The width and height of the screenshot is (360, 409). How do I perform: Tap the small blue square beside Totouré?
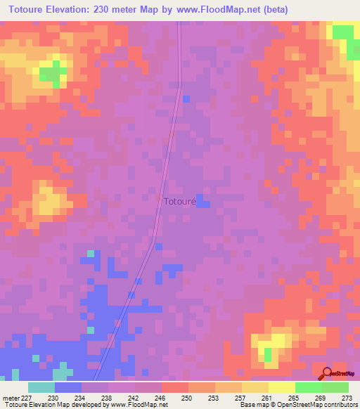pos(202,202)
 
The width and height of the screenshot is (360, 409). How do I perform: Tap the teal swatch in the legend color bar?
pos(41,387)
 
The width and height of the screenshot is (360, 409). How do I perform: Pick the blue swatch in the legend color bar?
pos(68,387)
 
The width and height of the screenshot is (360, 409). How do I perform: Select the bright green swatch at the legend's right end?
pos(335,387)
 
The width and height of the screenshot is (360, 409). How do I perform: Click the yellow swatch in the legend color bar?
pos(281,387)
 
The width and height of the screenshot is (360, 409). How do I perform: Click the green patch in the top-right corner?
pos(344,33)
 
